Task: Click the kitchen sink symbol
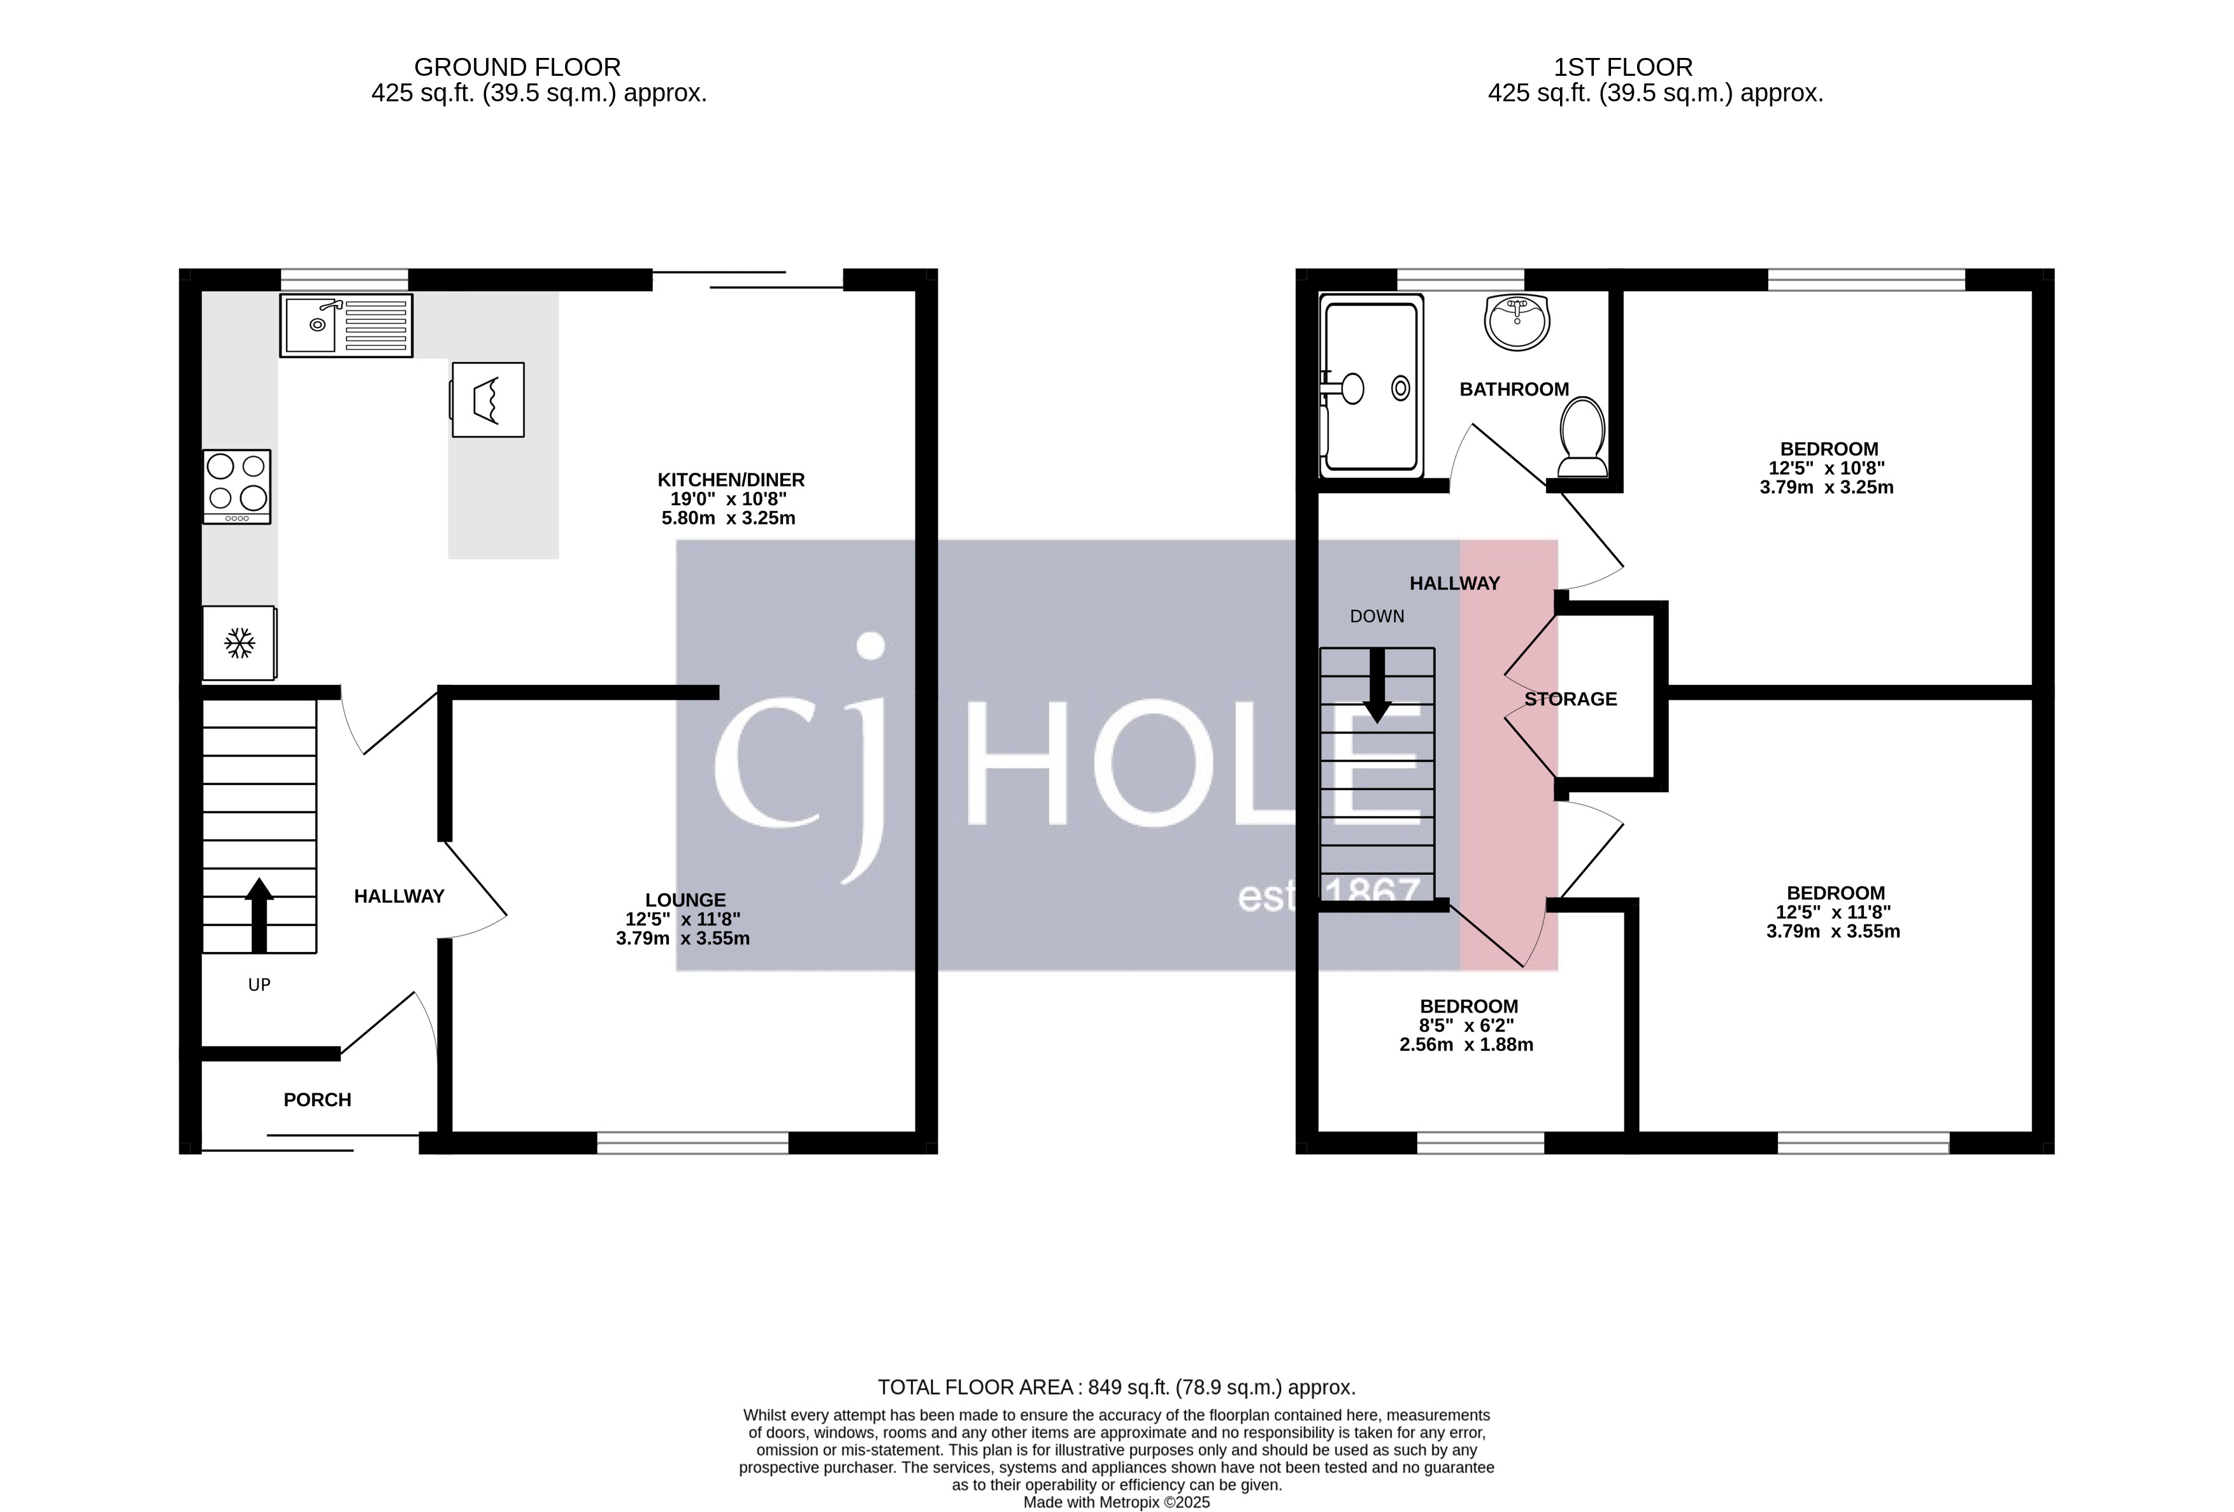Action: (346, 325)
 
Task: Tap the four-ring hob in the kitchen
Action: (236, 486)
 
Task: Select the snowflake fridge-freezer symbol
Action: (238, 643)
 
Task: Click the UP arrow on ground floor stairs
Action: (259, 913)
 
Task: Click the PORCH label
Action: (317, 1100)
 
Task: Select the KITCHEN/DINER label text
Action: (731, 480)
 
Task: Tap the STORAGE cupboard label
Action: (1571, 699)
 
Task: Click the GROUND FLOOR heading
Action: (517, 68)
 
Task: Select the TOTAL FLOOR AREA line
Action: (1116, 1387)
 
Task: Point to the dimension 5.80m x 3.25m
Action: (727, 518)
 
